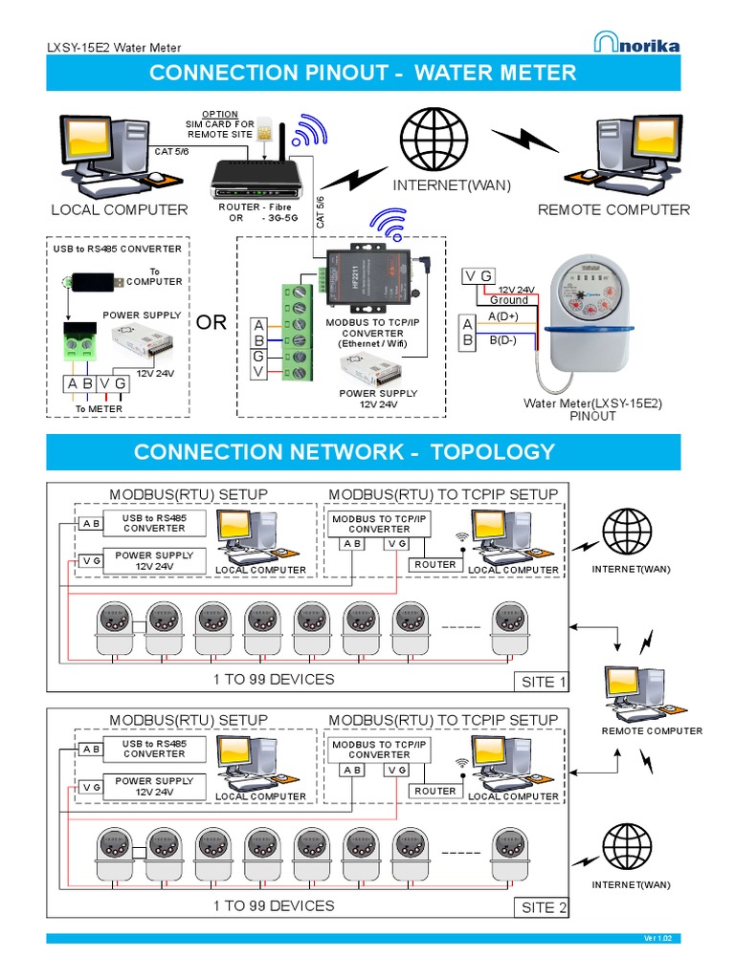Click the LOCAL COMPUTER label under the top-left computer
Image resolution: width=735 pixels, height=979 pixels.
pos(120,209)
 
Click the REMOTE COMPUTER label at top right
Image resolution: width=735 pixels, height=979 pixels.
pos(613,209)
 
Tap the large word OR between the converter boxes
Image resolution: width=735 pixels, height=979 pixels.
pos(212,322)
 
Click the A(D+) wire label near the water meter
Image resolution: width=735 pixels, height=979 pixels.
pos(504,316)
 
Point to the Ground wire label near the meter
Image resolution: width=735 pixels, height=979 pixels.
pos(508,300)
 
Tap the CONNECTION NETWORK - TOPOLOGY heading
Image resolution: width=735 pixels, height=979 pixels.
pos(345,452)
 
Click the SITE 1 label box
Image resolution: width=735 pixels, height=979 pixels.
pos(544,682)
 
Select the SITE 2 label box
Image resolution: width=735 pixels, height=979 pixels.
pos(543,907)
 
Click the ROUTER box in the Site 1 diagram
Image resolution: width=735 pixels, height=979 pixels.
pos(435,564)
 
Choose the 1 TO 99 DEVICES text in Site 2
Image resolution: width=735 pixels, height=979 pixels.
pos(274,905)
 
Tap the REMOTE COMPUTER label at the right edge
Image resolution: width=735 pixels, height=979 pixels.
pos(652,731)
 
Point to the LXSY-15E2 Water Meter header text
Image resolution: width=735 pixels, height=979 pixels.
pos(114,48)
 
